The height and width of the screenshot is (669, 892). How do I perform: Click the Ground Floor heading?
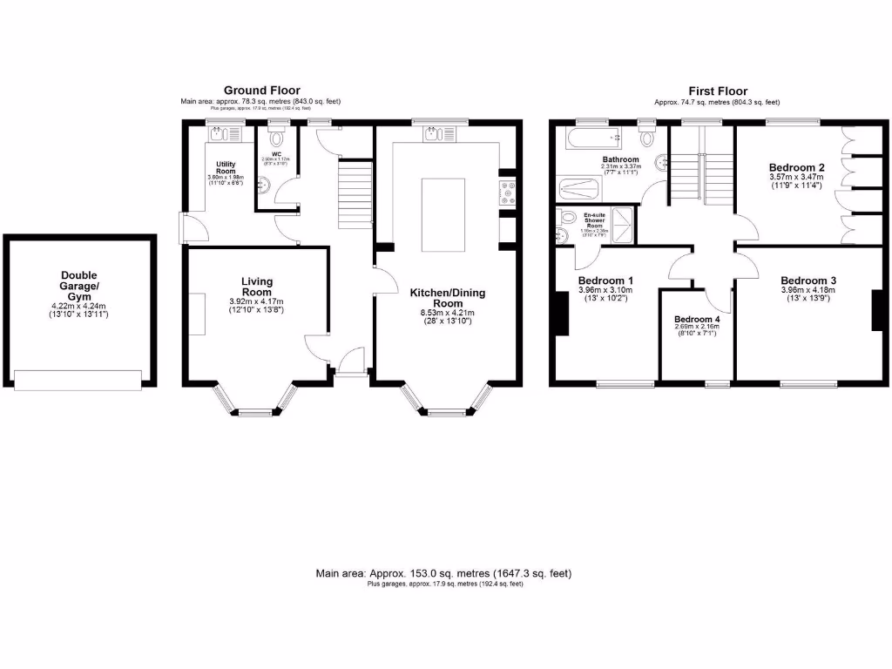point(261,90)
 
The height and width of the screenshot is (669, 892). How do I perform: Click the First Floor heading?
point(717,91)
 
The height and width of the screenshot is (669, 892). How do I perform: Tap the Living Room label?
point(257,287)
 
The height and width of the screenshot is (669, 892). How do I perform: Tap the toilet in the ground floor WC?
point(277,138)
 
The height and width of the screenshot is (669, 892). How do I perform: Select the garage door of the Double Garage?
point(78,379)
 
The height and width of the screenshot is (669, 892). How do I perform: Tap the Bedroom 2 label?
point(796,166)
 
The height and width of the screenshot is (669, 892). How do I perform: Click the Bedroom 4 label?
point(698,319)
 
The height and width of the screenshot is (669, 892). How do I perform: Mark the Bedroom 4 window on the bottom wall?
point(718,383)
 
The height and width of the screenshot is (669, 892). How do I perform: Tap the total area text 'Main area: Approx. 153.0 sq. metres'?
point(444,573)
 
